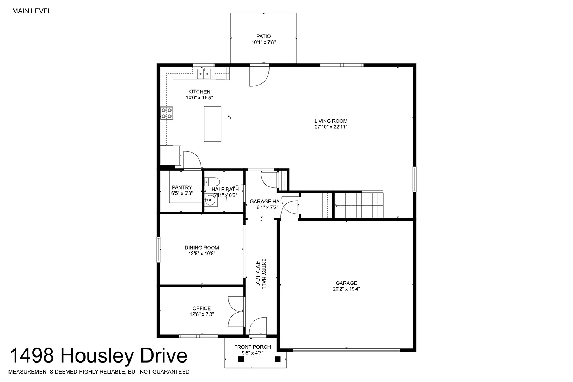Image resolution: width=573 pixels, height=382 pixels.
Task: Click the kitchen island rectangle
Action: [x=213, y=124]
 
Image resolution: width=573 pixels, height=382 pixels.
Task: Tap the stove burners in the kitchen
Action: [x=167, y=113]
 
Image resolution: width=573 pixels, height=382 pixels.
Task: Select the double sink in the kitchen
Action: [x=204, y=74]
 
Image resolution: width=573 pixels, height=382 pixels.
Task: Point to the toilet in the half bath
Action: [x=212, y=182]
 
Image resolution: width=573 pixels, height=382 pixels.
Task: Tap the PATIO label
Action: [x=264, y=36]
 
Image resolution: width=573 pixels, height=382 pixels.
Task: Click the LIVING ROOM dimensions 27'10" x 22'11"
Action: [x=331, y=127]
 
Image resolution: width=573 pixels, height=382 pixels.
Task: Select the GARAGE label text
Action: [x=346, y=283]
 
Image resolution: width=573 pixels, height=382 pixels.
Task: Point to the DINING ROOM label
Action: [x=202, y=248]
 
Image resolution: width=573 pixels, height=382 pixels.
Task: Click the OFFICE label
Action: [x=202, y=308]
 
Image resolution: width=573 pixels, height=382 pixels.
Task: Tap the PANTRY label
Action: [x=182, y=187]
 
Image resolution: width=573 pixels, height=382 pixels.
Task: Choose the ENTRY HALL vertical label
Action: [x=264, y=273]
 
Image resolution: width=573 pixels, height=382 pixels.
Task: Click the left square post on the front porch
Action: [x=241, y=359]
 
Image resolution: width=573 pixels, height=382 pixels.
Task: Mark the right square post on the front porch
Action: [x=278, y=359]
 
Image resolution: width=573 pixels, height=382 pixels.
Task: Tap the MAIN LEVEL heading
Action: [x=32, y=11]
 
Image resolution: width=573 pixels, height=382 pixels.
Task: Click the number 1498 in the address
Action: [x=32, y=355]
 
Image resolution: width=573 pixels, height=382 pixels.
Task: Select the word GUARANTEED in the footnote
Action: [x=171, y=372]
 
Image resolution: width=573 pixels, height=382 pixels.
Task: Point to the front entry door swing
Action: [x=258, y=326]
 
